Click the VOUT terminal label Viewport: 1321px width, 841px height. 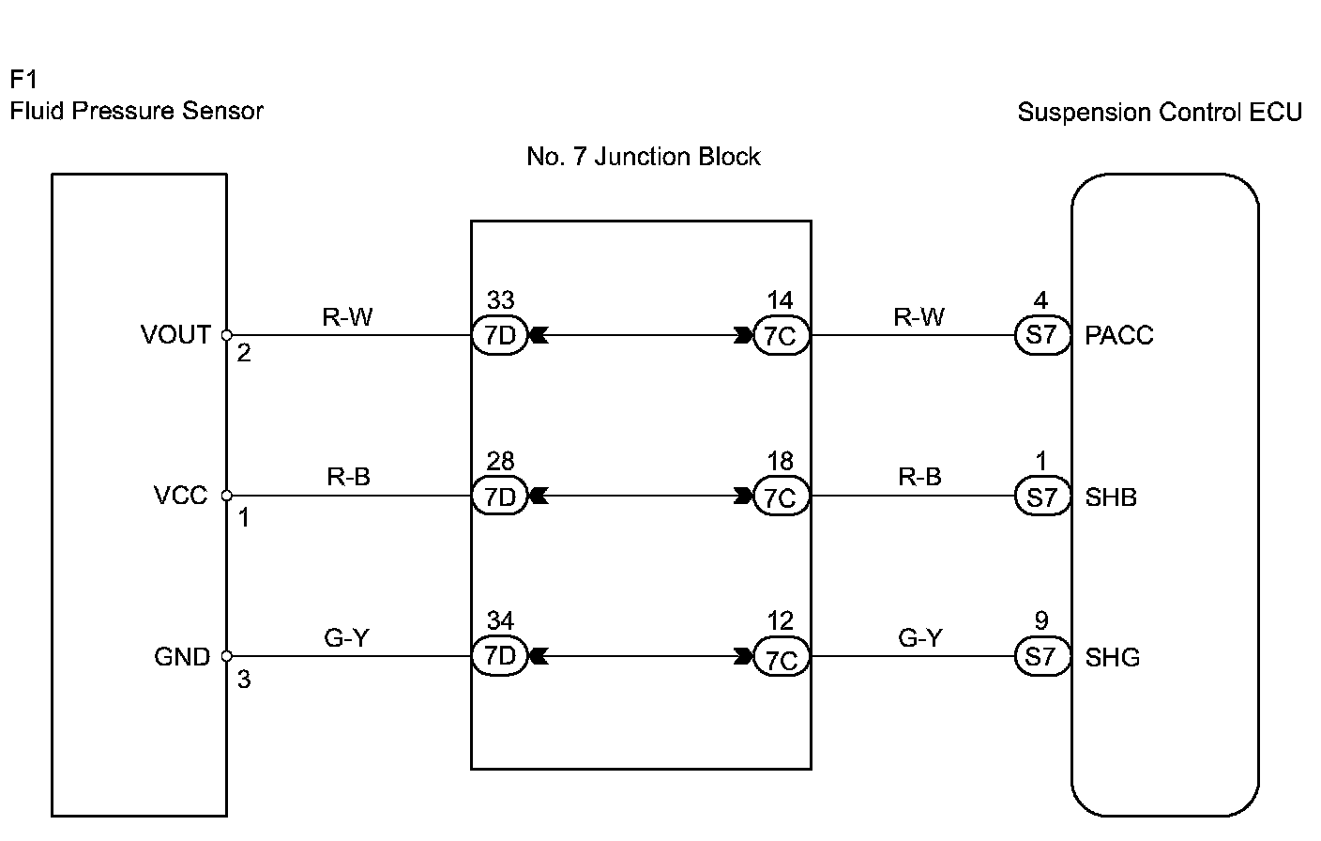coord(175,335)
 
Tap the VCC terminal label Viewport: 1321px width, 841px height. coord(180,496)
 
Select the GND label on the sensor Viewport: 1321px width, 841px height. coord(182,656)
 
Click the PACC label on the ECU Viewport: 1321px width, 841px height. coord(1118,335)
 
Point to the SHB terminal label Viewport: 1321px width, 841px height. coord(1111,497)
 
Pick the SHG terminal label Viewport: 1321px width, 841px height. coord(1112,657)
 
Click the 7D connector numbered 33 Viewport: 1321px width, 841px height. coord(499,335)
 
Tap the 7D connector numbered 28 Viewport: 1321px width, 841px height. coord(499,496)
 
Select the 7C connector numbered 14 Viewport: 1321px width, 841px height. coord(781,336)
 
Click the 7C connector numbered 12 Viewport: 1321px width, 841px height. coord(781,657)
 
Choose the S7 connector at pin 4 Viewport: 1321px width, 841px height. coord(1042,335)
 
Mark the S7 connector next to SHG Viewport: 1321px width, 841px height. coord(1042,656)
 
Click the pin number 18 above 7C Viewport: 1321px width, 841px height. coord(781,461)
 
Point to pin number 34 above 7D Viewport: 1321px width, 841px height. coord(500,620)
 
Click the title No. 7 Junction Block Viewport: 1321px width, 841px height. coord(644,157)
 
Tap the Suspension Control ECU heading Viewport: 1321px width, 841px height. coord(1160,112)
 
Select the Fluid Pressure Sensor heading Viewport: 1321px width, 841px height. coord(137,111)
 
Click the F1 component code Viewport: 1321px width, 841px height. coord(23,79)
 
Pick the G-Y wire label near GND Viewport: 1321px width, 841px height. coord(347,638)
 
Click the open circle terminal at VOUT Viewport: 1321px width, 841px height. coord(226,335)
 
